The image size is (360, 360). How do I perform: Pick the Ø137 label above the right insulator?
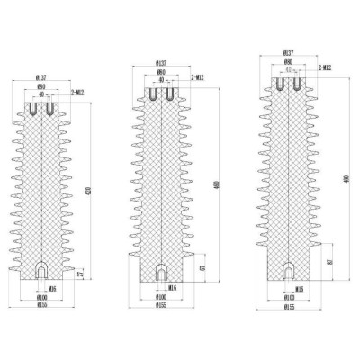287,53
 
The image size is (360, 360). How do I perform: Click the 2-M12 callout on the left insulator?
76,93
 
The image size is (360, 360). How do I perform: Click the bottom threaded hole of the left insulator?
41,270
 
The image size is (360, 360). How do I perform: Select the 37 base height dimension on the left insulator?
81,273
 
